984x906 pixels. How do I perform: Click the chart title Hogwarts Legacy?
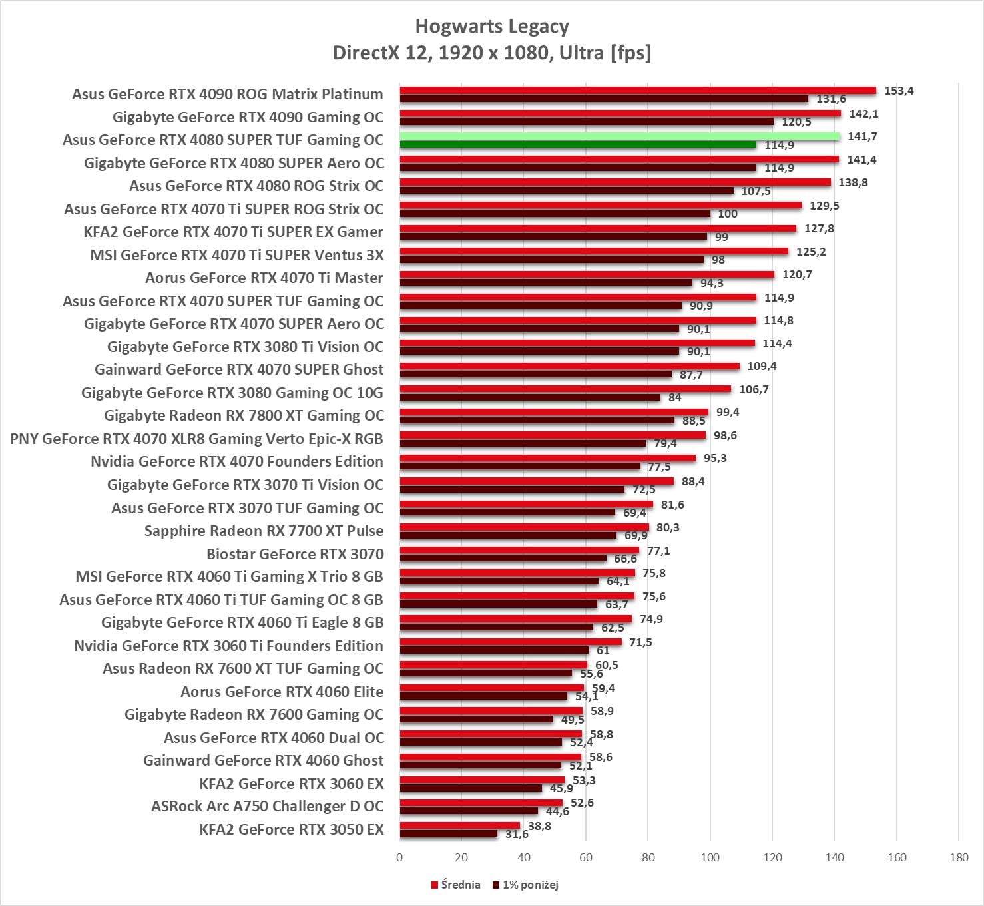tap(492, 27)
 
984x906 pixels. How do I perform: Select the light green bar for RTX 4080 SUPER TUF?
tap(619, 136)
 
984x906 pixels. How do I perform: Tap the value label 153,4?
tap(899, 91)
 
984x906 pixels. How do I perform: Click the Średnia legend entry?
tap(456, 885)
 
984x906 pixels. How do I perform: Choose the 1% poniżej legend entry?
tap(526, 885)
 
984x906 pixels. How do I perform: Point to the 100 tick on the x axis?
tap(710, 857)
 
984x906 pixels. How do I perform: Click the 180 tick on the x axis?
tap(959, 857)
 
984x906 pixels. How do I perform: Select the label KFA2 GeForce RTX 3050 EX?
tap(292, 829)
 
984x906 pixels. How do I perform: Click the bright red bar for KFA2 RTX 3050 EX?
tap(459, 825)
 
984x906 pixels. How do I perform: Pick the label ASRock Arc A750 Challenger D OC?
tap(268, 806)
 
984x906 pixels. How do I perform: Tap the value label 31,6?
tap(517, 834)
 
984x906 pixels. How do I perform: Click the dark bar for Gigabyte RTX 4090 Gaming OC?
tap(586, 122)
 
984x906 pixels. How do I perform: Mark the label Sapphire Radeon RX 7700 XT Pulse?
tap(264, 531)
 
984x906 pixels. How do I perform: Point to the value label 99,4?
tap(728, 413)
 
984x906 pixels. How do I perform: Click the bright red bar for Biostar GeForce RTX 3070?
tap(519, 550)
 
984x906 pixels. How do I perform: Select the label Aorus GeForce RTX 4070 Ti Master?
tap(264, 278)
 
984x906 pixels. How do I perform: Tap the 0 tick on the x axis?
tap(399, 857)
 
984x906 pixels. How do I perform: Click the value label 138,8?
tap(853, 182)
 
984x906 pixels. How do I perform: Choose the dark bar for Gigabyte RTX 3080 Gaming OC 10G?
tap(530, 397)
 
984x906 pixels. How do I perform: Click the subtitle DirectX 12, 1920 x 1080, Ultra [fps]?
tap(492, 53)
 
